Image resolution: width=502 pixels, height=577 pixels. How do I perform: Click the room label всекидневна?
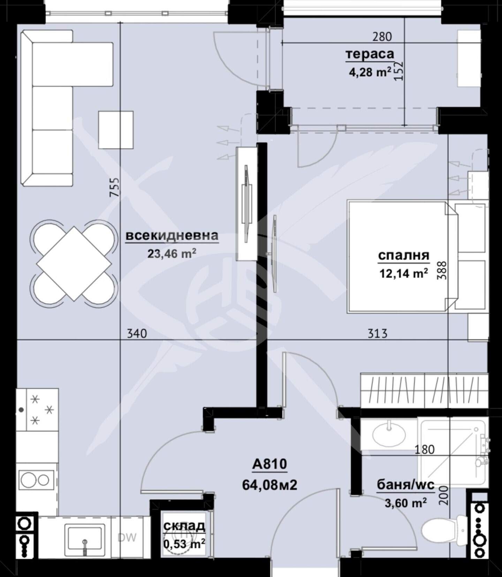point(172,235)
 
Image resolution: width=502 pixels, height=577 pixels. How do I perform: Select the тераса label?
point(370,54)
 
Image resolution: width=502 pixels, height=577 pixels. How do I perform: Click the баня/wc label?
point(406,485)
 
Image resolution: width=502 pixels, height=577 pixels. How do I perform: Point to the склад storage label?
point(184,525)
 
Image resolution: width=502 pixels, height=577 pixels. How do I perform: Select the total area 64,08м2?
point(270,485)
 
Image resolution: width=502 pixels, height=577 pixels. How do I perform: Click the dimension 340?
point(137,334)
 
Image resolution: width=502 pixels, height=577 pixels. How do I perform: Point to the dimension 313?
point(378,334)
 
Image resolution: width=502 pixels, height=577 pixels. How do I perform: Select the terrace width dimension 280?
point(382,37)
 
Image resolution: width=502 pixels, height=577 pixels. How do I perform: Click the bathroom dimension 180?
point(425,450)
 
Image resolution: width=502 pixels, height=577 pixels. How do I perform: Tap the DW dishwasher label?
point(127,538)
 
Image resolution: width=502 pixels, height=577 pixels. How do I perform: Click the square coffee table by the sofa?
point(116,130)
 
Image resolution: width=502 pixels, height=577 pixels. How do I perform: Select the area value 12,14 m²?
point(404,274)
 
